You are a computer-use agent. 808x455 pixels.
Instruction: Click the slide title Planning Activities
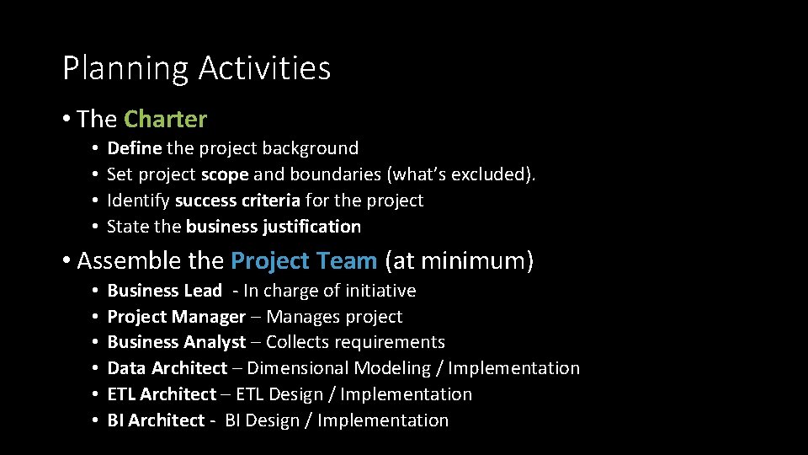pos(196,69)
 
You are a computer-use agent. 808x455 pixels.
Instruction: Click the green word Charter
pos(165,120)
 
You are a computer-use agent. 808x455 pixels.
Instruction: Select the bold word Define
pos(134,148)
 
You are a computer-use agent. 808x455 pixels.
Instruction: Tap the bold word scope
pos(225,174)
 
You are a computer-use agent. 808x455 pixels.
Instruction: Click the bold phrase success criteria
pos(237,201)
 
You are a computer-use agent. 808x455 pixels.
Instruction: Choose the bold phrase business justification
pos(274,227)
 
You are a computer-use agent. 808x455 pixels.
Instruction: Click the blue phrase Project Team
pos(303,261)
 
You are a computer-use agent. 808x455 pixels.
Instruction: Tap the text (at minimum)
pos(459,261)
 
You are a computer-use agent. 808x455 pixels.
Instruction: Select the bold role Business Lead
pos(164,291)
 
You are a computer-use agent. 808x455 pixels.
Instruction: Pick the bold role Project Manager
pos(176,317)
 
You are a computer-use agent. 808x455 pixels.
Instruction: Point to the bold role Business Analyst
pos(176,342)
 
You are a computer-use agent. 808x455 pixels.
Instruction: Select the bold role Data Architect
pos(167,368)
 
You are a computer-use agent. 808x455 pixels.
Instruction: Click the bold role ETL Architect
pos(162,394)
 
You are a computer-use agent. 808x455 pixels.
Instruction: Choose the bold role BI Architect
pos(156,420)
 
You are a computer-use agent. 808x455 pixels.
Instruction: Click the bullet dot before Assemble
pos(66,261)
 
